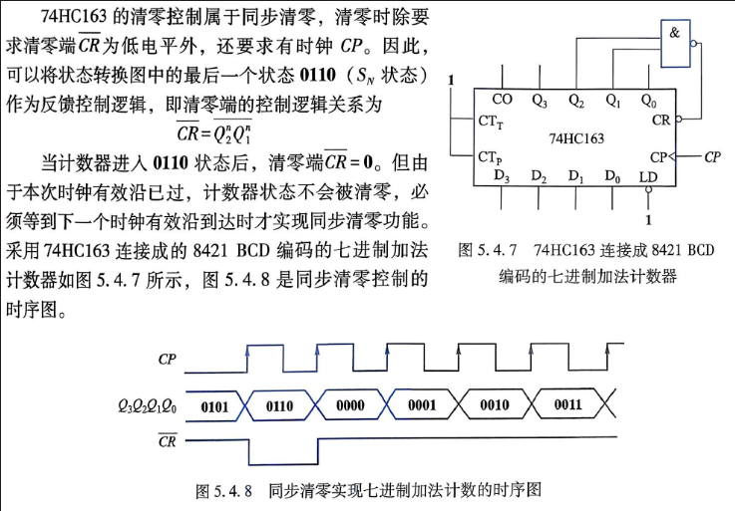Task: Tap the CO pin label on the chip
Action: (502, 100)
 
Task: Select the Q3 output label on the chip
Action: (540, 101)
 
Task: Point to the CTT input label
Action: (491, 122)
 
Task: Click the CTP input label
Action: (490, 157)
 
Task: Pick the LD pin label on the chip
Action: (648, 177)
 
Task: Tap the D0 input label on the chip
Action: (612, 176)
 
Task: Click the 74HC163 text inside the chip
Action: (576, 138)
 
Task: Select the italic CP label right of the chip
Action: (712, 157)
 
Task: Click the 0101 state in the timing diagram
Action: (214, 406)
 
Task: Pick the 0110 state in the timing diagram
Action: (280, 405)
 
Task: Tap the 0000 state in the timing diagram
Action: (350, 405)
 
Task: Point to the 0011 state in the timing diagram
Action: (568, 404)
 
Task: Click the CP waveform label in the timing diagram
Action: (167, 360)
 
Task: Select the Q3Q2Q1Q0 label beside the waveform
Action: (148, 406)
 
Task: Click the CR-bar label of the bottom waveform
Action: (167, 440)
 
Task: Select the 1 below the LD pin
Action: (649, 220)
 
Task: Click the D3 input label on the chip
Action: (502, 176)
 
